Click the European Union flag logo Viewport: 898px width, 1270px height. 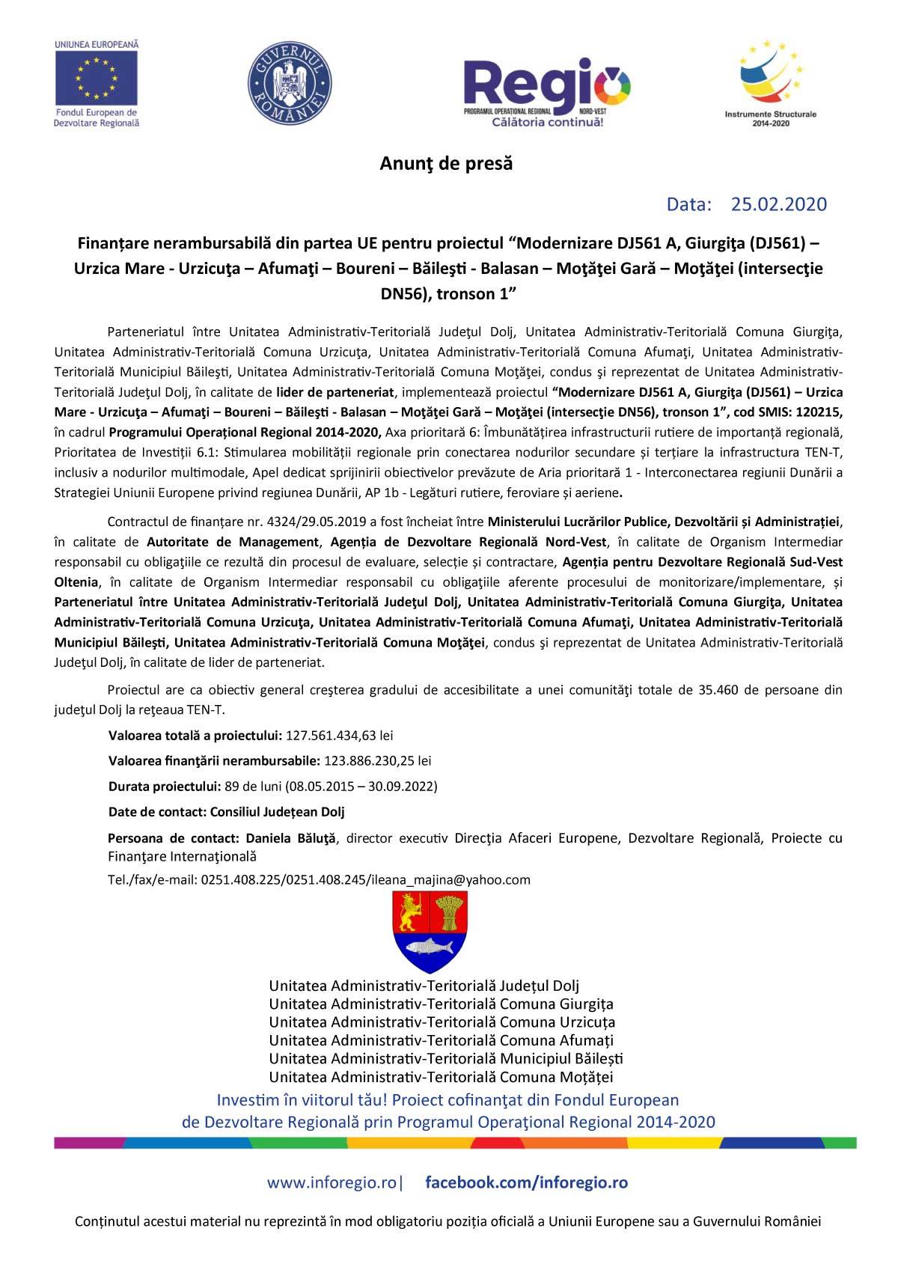97,77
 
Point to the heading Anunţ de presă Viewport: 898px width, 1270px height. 446,164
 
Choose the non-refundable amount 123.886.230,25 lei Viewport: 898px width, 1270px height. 377,761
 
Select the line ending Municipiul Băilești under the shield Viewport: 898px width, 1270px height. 446,1059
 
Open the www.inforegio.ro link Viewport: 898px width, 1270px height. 333,1183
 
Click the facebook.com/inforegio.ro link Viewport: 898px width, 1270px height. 526,1183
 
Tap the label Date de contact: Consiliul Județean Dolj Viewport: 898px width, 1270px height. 226,812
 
